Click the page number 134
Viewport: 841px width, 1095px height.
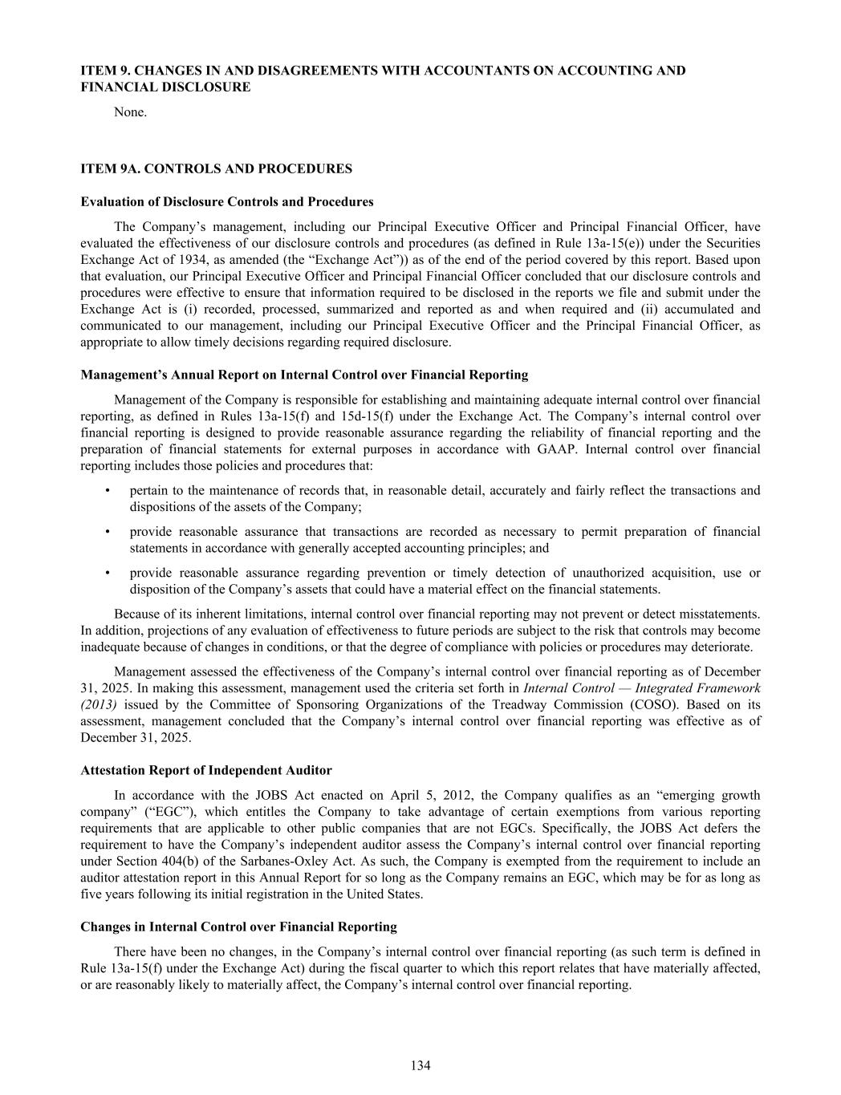point(420,1065)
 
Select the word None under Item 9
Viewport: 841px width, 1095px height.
point(130,112)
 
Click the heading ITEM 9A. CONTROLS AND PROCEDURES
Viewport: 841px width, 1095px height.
point(216,168)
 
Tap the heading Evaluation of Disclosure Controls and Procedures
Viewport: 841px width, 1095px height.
point(227,201)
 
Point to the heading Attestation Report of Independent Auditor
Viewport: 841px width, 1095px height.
point(206,770)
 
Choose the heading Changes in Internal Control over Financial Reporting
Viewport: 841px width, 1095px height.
point(238,927)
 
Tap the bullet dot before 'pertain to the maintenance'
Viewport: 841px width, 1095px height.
point(107,490)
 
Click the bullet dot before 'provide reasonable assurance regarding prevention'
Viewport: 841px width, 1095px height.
point(107,573)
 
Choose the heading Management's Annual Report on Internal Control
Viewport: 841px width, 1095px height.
point(304,375)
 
